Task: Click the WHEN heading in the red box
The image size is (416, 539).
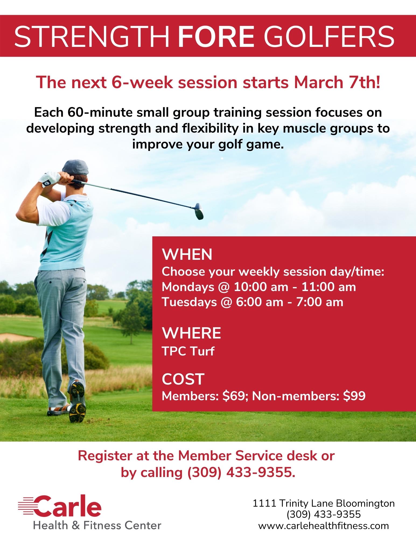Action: click(x=187, y=255)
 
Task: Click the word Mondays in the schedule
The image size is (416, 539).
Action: click(x=188, y=287)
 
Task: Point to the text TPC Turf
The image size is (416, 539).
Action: click(x=188, y=351)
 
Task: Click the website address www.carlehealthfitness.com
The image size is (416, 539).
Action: click(x=323, y=526)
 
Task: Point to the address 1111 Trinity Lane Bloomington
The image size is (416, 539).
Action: click(x=323, y=503)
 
